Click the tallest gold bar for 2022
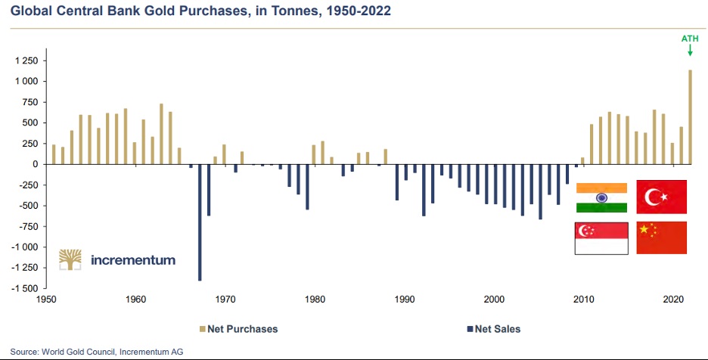point(690,117)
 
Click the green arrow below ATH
point(690,51)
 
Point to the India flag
point(601,197)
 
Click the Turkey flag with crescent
point(662,197)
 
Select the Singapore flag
point(601,238)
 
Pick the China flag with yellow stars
point(662,237)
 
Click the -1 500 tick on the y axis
point(26,288)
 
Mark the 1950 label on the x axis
point(47,299)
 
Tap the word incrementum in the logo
point(132,259)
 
